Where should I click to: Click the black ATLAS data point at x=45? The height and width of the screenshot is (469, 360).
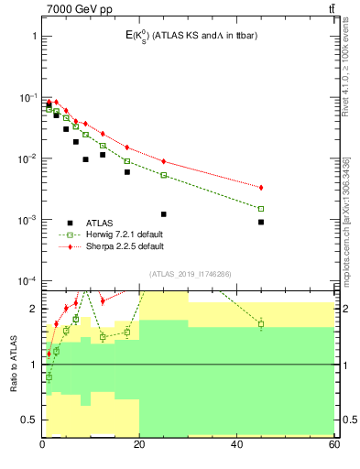point(261,222)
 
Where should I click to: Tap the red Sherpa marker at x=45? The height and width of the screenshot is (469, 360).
point(261,188)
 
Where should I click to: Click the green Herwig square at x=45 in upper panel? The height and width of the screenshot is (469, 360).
point(261,209)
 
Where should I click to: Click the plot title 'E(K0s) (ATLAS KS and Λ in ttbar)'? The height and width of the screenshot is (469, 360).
point(183,36)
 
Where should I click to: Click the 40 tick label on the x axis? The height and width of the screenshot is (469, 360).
point(236,444)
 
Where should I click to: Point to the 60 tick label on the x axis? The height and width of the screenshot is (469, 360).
point(334,444)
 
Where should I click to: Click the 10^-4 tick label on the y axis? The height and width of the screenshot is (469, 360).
point(27,281)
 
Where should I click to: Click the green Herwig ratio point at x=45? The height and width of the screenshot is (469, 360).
point(261,324)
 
